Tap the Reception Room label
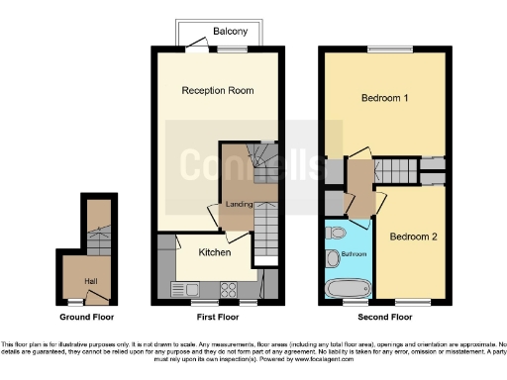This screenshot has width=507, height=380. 217,90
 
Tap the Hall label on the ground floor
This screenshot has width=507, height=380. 91,281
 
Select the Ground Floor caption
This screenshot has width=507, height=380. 86,318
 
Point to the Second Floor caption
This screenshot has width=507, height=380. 385,318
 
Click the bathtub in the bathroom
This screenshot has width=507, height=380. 347,289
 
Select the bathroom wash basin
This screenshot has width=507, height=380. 333,259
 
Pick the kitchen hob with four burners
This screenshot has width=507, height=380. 228,289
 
